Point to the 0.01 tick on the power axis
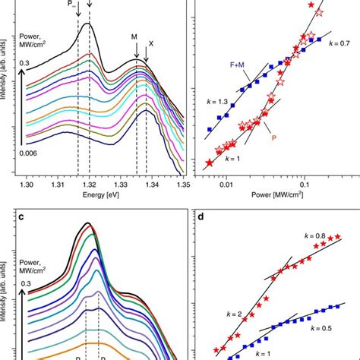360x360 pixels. (226, 184)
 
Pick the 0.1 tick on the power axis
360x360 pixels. (303, 184)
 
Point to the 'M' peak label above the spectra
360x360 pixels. (134, 35)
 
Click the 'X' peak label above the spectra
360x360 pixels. (150, 44)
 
